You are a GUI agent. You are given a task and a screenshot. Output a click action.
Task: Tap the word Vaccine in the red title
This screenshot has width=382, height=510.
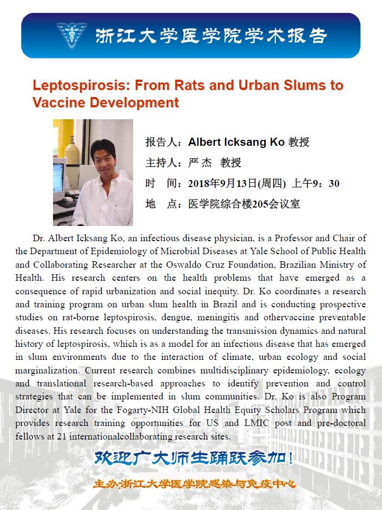click(58, 102)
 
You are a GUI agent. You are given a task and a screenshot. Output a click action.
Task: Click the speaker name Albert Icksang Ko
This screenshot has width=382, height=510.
click(236, 142)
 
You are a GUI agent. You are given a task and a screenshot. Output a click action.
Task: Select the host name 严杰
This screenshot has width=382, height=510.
click(200, 163)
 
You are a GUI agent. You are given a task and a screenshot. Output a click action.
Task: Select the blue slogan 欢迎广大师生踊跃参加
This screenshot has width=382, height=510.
click(194, 458)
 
